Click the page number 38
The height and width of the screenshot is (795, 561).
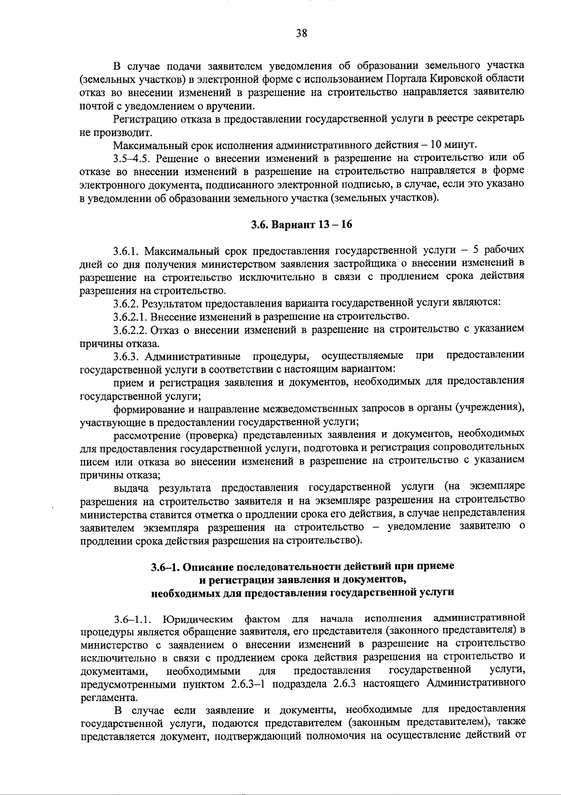(x=301, y=33)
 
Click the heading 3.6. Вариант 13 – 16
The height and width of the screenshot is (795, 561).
(x=301, y=224)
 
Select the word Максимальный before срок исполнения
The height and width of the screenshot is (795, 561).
(x=148, y=143)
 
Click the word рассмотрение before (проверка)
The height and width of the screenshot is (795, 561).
(x=145, y=435)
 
